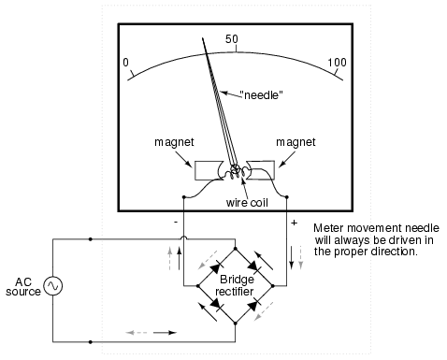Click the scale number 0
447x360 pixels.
pos(125,63)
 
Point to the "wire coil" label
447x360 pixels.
pos(238,201)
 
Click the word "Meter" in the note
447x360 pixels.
pos(329,227)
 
